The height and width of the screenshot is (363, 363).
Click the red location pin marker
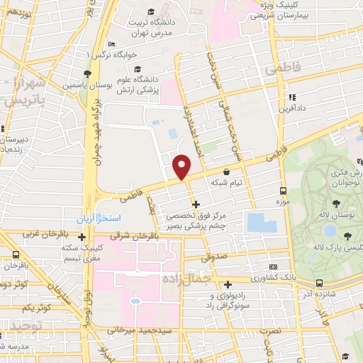[x=182, y=167]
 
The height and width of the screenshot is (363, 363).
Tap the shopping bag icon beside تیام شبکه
[x=226, y=172]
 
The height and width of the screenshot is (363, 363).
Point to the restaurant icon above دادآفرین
[x=290, y=98]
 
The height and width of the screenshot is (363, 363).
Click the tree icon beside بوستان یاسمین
[x=86, y=73]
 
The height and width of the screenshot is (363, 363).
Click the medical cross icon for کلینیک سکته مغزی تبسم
[x=83, y=238]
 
